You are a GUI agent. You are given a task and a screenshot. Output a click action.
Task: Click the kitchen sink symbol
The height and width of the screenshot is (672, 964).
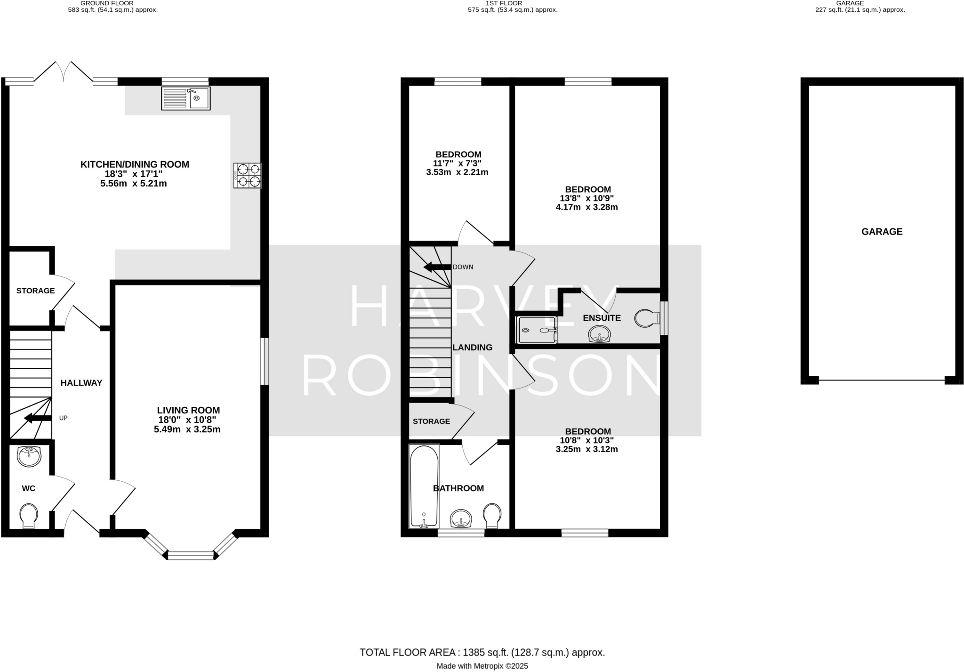click(x=185, y=98)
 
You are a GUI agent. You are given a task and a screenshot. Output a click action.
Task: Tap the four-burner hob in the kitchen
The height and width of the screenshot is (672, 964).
click(x=248, y=175)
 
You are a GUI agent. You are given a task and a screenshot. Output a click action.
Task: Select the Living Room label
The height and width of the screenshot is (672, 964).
click(x=188, y=410)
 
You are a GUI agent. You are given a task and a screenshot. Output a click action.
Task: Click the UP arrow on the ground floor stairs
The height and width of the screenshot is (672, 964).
click(x=38, y=418)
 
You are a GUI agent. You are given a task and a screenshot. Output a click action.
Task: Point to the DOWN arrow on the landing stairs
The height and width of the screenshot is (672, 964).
click(x=437, y=267)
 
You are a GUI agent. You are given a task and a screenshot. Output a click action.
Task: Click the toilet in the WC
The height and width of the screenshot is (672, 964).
click(x=29, y=516)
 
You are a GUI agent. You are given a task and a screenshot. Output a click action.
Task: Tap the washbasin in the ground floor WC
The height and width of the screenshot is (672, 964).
click(x=29, y=456)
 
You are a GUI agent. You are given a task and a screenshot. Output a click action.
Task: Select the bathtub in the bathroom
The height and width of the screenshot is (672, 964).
click(x=424, y=486)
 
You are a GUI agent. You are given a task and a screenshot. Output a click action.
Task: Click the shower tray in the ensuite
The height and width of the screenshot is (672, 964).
click(x=537, y=330)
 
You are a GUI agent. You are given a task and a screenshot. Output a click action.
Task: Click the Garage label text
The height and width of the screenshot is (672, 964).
click(x=882, y=232)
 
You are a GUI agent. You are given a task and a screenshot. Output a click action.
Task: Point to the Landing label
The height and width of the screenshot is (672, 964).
click(x=472, y=348)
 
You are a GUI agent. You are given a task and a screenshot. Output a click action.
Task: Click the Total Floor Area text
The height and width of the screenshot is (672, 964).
click(x=482, y=652)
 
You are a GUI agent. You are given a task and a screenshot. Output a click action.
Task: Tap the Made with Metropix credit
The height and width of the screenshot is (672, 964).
click(x=482, y=666)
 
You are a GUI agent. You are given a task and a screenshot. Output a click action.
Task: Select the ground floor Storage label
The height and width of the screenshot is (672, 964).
click(x=36, y=291)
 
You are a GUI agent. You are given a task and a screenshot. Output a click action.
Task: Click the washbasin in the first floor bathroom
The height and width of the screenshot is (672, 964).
click(x=461, y=519)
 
